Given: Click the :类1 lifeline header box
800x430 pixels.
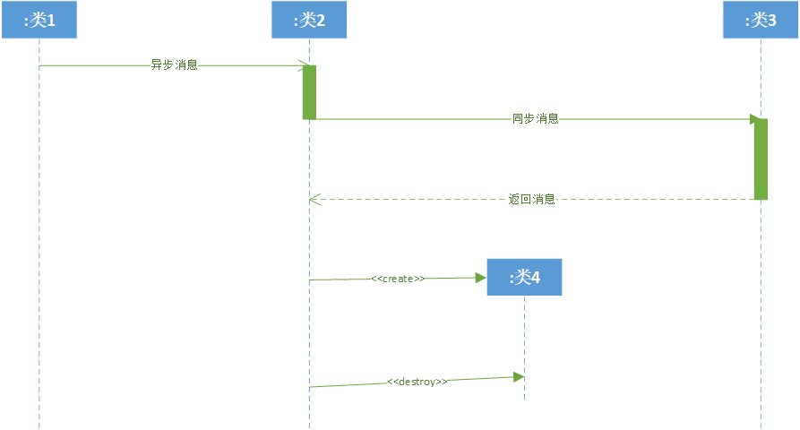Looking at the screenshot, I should point(39,20).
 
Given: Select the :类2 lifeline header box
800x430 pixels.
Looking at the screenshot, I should point(309,20).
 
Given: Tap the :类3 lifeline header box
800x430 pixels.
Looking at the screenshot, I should point(761,20).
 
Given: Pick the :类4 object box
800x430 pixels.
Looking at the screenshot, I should point(524,278).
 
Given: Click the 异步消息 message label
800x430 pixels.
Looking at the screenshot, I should point(174,64).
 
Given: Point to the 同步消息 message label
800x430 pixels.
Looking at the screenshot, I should point(535,118).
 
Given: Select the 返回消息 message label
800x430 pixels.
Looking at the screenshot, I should point(532,199).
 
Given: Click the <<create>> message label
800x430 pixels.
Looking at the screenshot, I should point(398,279).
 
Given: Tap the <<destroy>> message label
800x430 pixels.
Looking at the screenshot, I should point(417,381).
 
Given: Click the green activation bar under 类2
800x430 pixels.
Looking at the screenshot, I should point(309,91).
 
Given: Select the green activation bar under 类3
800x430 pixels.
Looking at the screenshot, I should point(761,159).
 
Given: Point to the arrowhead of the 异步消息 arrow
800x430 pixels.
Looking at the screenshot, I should point(305,64).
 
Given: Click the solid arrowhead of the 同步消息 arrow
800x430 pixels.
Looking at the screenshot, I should point(755,118).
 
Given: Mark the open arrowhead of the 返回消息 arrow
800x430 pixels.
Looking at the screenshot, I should point(313,199).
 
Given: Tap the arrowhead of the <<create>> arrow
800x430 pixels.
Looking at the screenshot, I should point(481,278).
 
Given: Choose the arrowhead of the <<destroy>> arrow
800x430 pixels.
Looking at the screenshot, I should point(519,377).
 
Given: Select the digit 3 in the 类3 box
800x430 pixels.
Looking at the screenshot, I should point(772,20).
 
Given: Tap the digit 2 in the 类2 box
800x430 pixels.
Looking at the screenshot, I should point(321,20).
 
